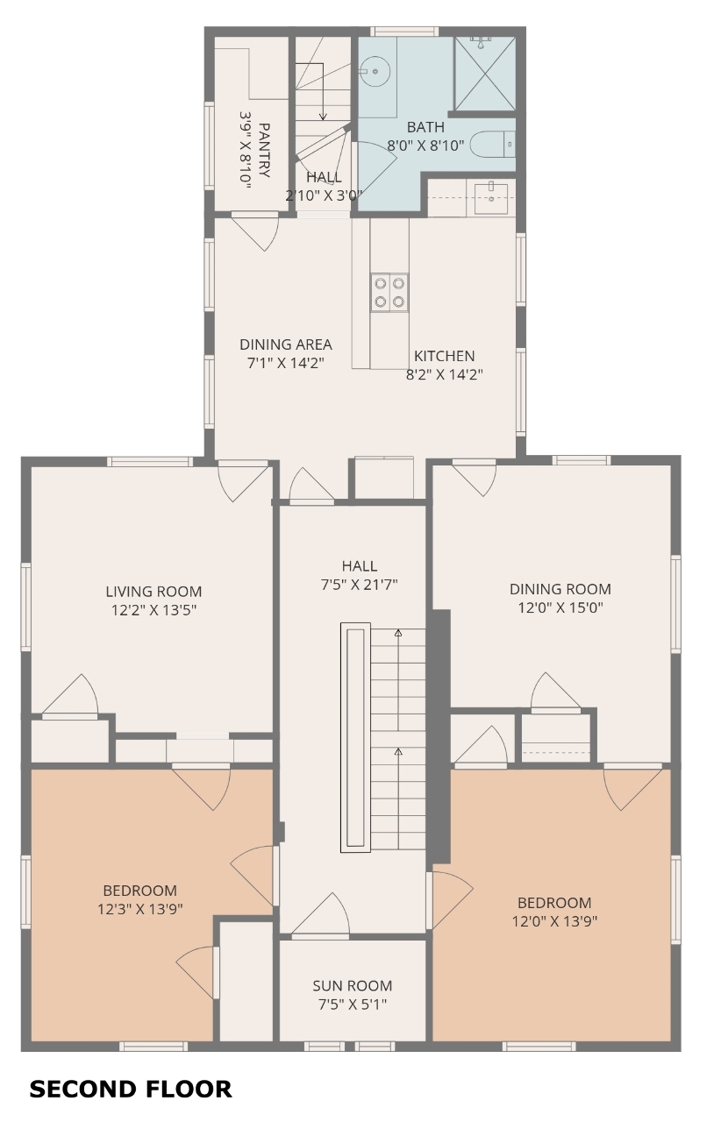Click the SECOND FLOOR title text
[x=131, y=1089]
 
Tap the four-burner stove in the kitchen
[x=389, y=293]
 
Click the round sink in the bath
[x=374, y=72]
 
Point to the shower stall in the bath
[x=485, y=73]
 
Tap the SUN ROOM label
[x=352, y=985]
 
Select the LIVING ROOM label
[x=153, y=591]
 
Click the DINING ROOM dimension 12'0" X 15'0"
[x=560, y=607]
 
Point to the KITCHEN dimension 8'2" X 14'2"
[x=444, y=374]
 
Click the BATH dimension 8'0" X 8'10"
[x=425, y=146]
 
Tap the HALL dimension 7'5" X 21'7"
[x=359, y=584]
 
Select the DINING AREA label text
[x=285, y=344]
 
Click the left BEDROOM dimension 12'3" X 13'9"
[x=139, y=908]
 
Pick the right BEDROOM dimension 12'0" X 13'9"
[x=554, y=920]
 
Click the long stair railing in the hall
[x=355, y=737]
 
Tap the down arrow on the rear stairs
[x=323, y=92]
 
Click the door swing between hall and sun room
[x=321, y=914]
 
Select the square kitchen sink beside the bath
[x=491, y=198]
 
